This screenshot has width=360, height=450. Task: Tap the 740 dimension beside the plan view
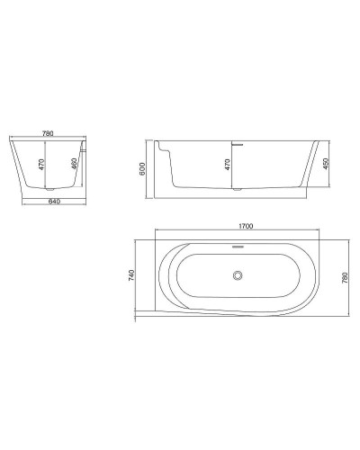coord(132,275)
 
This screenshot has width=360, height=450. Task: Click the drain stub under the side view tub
coord(238,192)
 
